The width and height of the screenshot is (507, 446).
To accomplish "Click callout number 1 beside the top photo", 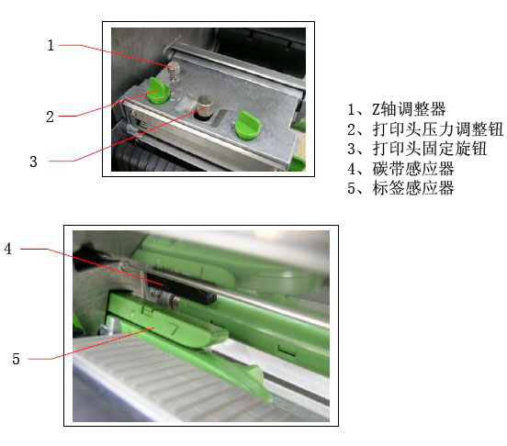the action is (51, 45).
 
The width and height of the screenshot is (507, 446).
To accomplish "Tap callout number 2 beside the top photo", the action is (50, 117).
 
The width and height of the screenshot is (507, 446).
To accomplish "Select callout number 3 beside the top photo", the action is (33, 162).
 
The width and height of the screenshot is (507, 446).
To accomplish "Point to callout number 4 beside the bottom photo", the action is (7, 249).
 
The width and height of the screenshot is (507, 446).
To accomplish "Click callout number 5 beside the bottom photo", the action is (16, 359).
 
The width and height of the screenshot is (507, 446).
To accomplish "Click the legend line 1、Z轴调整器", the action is (397, 109).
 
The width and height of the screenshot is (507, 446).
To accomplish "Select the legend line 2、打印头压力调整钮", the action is (425, 129).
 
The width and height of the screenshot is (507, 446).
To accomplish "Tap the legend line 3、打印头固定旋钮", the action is (417, 149).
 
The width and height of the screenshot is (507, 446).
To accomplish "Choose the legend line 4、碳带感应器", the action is (400, 169).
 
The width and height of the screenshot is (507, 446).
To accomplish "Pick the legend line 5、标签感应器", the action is (400, 188).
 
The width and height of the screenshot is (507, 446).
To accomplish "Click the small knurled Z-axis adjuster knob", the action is (174, 71).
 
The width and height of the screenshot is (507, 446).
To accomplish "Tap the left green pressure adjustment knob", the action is (157, 91).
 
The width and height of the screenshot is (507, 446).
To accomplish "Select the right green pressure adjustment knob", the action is (247, 126).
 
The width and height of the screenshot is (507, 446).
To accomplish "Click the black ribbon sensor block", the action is (181, 288).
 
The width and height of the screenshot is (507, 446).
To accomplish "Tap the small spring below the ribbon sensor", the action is (164, 296).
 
